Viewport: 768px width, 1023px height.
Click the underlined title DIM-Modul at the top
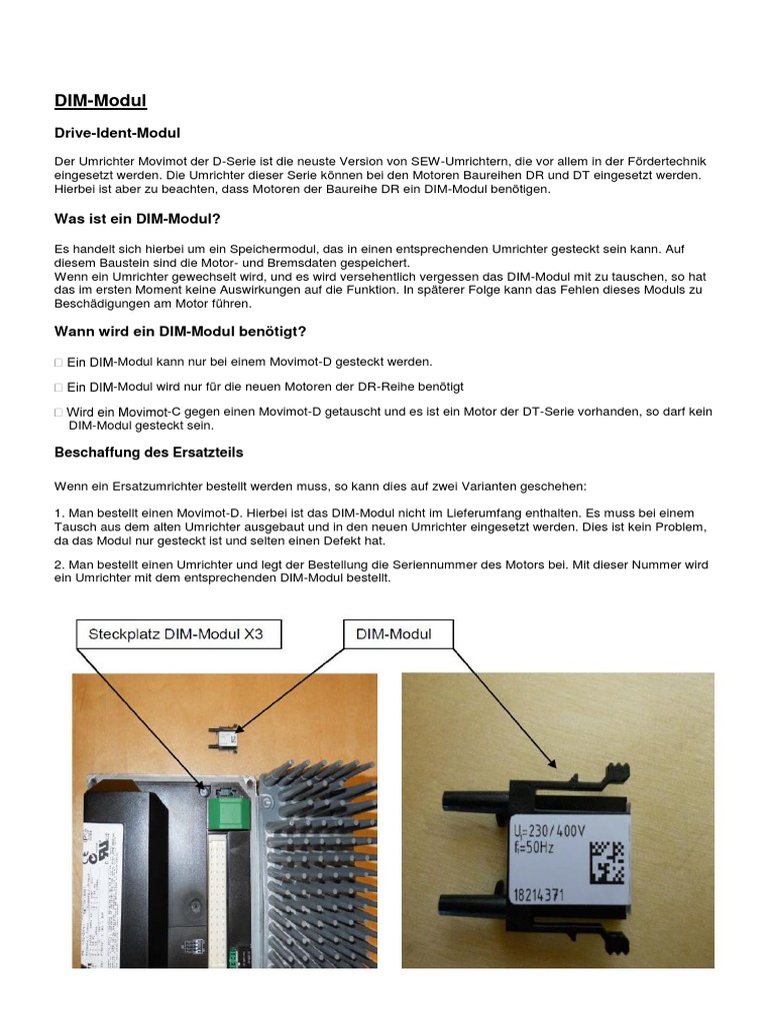tap(100, 100)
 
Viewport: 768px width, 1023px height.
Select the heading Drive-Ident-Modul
tap(116, 132)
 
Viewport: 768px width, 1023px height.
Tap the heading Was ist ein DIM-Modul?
tap(136, 219)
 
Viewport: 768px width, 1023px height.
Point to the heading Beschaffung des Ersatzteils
tap(148, 453)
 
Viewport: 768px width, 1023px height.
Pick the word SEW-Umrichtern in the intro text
tap(444, 161)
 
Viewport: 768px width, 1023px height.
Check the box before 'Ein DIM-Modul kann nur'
tap(58, 362)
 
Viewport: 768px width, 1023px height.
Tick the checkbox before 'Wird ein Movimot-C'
tap(58, 412)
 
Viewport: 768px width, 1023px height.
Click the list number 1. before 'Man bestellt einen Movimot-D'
tap(59, 510)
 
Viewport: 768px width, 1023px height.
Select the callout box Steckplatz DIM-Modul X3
tap(176, 633)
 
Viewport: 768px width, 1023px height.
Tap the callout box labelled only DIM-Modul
tap(398, 633)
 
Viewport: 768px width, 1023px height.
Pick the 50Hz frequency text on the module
tap(534, 849)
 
